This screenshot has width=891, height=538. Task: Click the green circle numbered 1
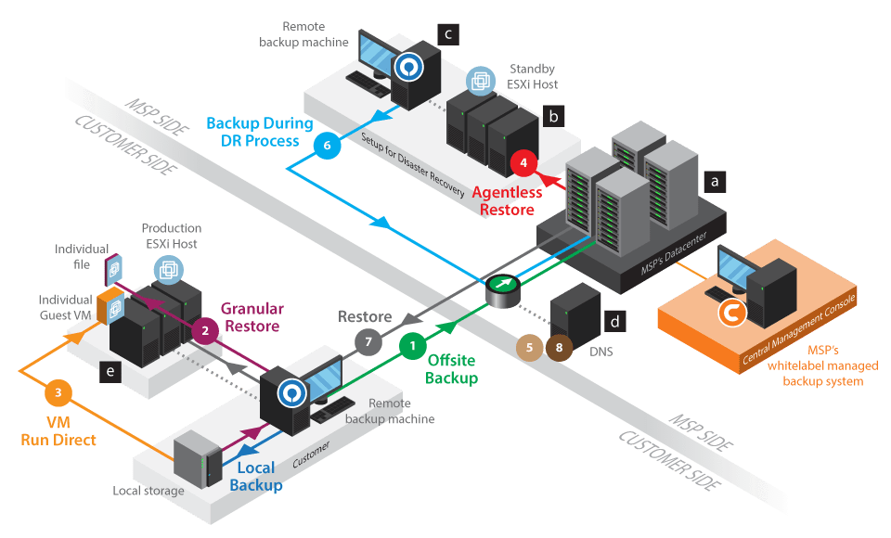(x=413, y=345)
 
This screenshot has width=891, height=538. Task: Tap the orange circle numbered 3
(x=58, y=393)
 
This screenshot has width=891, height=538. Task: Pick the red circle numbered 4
(x=523, y=162)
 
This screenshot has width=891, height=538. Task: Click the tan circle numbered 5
(x=530, y=347)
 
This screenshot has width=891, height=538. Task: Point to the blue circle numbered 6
(x=325, y=145)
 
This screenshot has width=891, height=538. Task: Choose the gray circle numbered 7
(x=368, y=342)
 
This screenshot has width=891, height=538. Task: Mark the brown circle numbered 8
(x=559, y=347)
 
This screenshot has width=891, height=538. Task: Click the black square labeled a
(x=714, y=181)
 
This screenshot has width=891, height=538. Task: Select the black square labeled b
(x=553, y=116)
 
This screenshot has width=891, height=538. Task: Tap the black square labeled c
(x=447, y=34)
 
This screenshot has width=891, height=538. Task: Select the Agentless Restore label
(x=505, y=201)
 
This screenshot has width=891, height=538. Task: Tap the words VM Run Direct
(x=58, y=431)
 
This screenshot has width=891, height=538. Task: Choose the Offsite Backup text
(x=452, y=370)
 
